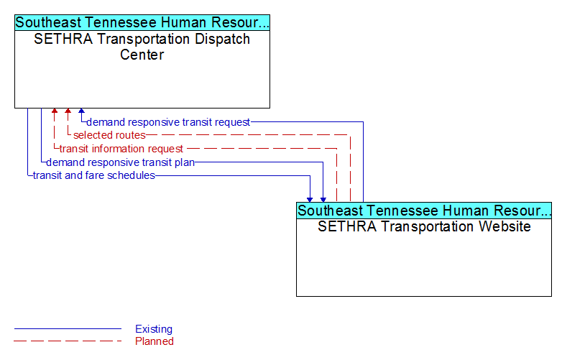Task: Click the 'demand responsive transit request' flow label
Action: [x=168, y=122]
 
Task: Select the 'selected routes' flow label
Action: [x=109, y=135]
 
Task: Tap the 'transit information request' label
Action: [x=121, y=149]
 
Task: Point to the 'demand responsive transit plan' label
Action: [x=121, y=162]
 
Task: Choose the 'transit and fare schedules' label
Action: [x=94, y=175]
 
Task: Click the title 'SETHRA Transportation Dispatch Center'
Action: [x=142, y=47]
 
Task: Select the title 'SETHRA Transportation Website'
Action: [x=424, y=226]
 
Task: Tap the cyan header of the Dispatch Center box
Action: [x=142, y=22]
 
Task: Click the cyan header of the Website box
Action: [x=424, y=211]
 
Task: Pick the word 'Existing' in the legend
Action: [x=154, y=329]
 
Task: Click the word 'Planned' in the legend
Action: [x=155, y=341]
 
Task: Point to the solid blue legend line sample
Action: [x=68, y=328]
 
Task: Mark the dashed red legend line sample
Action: [x=68, y=341]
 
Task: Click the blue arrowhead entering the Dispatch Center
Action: [x=82, y=111]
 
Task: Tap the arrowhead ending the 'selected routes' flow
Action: [x=68, y=111]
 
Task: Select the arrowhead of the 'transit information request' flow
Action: [x=55, y=111]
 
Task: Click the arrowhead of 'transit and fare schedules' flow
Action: [x=310, y=200]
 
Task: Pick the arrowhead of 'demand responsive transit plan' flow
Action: [x=323, y=200]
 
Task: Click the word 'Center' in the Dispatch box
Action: [x=142, y=55]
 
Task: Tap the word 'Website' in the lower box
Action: [x=505, y=226]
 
